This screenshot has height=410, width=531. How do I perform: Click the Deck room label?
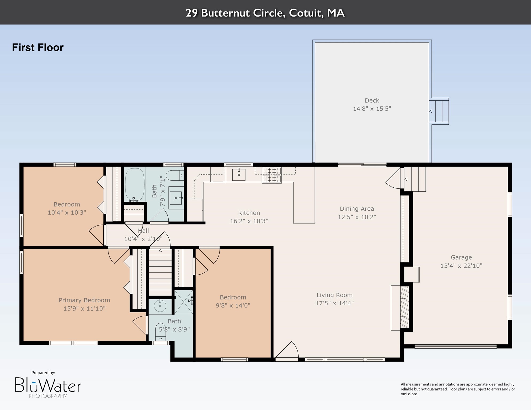[372, 101]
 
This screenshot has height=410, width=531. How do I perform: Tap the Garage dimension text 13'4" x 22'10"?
[461, 266]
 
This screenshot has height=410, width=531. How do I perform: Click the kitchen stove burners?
[272, 175]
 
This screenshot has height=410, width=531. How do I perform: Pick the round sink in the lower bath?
[160, 306]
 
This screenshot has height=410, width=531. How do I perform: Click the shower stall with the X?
[183, 302]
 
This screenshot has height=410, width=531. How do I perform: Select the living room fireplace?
[400, 308]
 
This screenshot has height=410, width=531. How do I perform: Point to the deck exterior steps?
[439, 111]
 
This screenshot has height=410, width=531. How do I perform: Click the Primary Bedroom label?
[84, 300]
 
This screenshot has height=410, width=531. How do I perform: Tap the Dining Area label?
[357, 209]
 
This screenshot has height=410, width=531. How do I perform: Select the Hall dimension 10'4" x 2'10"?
[143, 239]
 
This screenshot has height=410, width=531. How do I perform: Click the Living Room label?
[334, 295]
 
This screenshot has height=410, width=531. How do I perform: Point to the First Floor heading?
[38, 48]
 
